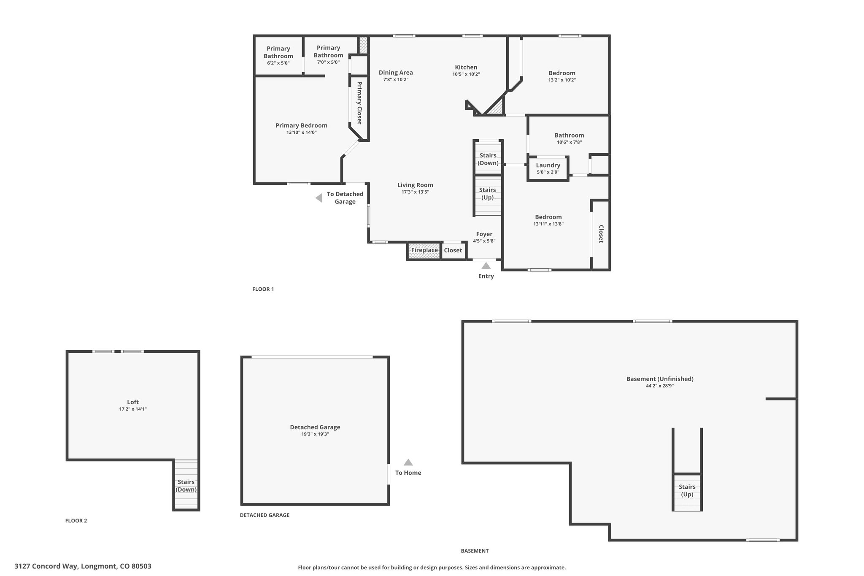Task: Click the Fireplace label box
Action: click(424, 251)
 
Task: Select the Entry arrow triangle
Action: click(486, 265)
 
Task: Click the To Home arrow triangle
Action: click(408, 462)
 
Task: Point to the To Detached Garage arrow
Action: click(319, 198)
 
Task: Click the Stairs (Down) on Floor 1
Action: click(488, 157)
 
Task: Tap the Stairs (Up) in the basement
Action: click(687, 492)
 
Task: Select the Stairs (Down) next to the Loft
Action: click(186, 485)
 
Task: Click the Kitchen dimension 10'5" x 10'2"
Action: click(466, 74)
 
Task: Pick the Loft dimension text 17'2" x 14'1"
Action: click(133, 409)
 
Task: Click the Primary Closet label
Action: click(359, 103)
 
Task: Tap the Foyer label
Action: click(484, 234)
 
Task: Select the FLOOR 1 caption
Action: click(263, 289)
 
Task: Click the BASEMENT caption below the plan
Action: click(475, 551)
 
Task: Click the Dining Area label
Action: click(396, 73)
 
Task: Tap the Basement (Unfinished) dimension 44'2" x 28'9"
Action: click(660, 386)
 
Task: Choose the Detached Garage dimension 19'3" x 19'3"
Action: click(315, 434)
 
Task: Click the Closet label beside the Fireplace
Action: click(453, 250)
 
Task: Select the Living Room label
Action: click(415, 185)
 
